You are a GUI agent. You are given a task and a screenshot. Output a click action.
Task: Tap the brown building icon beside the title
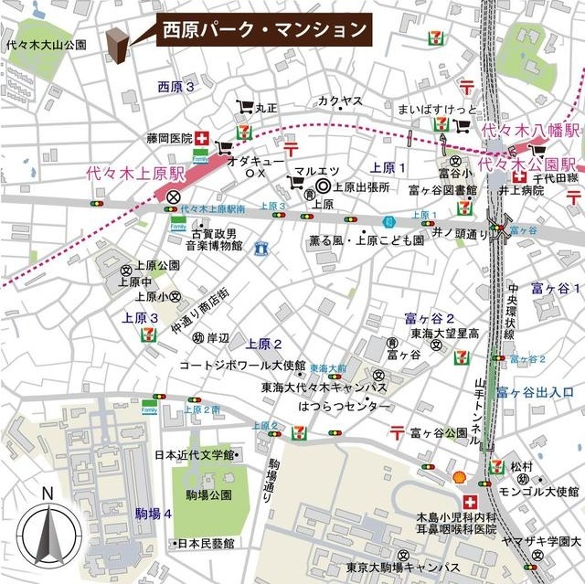coord(116,47)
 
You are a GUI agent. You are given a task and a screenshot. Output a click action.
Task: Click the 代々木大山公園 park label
coord(46,44)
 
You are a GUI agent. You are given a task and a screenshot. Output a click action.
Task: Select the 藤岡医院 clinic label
coord(169,139)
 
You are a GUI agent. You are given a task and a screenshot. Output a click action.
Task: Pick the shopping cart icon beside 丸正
coord(244,106)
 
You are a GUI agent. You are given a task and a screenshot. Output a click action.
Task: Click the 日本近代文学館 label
coord(194,454)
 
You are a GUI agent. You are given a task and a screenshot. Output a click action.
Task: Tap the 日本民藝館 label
coord(206,542)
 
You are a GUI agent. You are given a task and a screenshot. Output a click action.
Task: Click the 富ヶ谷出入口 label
coord(536,393)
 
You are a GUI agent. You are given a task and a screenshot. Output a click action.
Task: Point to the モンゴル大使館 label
coord(529,491)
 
